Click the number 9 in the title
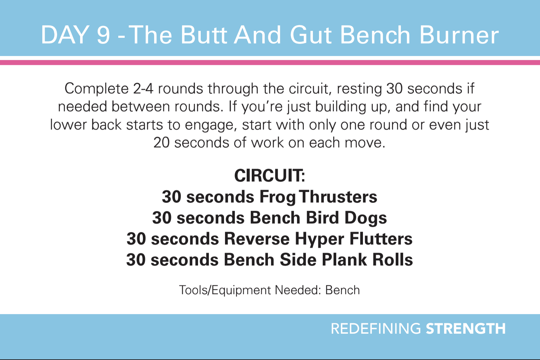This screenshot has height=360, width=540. pyautogui.click(x=103, y=35)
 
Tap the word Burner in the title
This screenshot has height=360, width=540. pyautogui.click(x=459, y=35)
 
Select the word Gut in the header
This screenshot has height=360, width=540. pyautogui.click(x=311, y=35)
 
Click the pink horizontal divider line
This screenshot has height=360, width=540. pyautogui.click(x=270, y=63)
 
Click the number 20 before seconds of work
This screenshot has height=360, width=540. pyautogui.click(x=162, y=143)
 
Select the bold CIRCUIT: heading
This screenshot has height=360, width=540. pyautogui.click(x=270, y=175)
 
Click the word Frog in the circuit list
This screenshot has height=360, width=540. pyautogui.click(x=277, y=197)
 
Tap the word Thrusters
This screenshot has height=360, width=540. pyautogui.click(x=338, y=197)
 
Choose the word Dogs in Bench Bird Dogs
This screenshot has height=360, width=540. pyautogui.click(x=366, y=218)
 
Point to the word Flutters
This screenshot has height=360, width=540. pyautogui.click(x=381, y=239)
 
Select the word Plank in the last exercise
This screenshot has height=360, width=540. pyautogui.click(x=344, y=260)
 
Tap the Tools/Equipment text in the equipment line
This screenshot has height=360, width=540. pyautogui.click(x=225, y=290)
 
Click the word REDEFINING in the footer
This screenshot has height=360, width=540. pyautogui.click(x=376, y=329)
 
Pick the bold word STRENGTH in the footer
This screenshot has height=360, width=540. pyautogui.click(x=466, y=329)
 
